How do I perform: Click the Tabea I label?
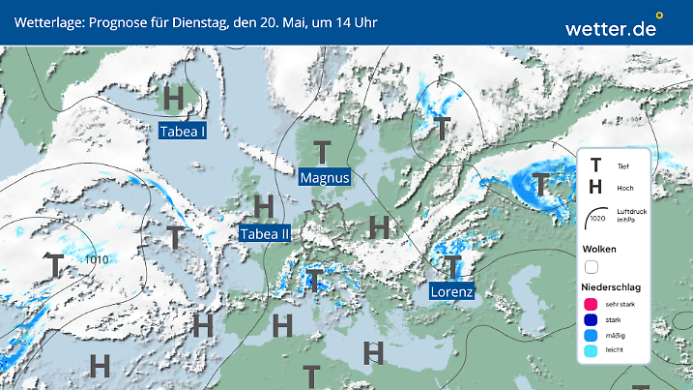(x=183, y=132)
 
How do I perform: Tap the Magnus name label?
(x=325, y=178)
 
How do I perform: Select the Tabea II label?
(x=265, y=233)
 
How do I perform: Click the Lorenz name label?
(x=451, y=290)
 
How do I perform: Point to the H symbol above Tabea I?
(x=174, y=99)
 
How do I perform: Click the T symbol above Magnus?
(x=322, y=152)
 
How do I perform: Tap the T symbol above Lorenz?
(x=451, y=264)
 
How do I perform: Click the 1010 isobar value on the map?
(x=96, y=259)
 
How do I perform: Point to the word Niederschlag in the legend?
(x=610, y=287)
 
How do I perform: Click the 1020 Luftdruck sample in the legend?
(x=596, y=219)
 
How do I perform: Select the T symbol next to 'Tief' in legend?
(x=595, y=166)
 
